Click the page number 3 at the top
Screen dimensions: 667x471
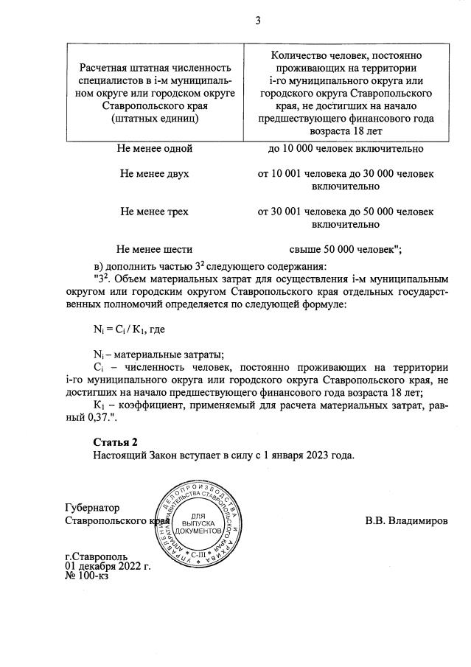258,20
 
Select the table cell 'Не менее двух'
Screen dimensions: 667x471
155,174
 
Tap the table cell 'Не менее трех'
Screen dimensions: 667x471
155,212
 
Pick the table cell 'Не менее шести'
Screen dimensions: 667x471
155,249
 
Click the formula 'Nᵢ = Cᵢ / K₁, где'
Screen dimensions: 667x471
128,330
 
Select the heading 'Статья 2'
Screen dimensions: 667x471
115,441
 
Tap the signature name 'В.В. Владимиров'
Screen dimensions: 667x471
406,520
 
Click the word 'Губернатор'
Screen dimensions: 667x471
92,508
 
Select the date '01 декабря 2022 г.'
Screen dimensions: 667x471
108,566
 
